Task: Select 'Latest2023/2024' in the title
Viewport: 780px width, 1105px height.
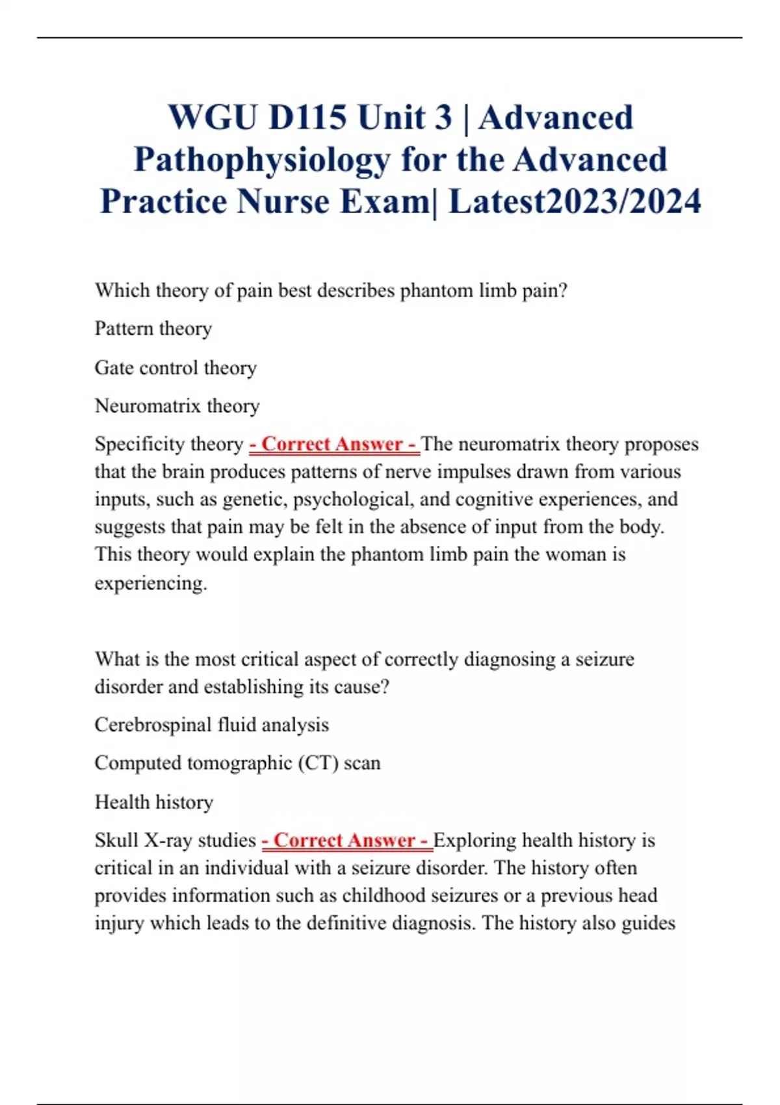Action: (x=575, y=201)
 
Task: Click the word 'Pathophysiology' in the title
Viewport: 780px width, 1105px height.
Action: (x=261, y=159)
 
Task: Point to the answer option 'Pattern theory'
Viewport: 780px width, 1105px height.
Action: (x=153, y=329)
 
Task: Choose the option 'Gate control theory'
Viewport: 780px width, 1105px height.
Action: (x=175, y=368)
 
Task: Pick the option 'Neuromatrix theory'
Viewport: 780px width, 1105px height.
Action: (x=177, y=406)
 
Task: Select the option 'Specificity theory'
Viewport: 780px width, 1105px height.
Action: (x=169, y=444)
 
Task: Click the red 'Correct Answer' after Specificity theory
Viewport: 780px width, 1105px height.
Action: (x=333, y=444)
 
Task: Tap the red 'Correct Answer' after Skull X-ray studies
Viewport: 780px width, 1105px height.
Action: (x=346, y=840)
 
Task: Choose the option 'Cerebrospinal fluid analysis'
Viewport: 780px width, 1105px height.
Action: (x=212, y=725)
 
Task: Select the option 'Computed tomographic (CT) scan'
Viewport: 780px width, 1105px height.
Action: (x=237, y=763)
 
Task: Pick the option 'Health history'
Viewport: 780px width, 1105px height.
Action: (x=154, y=802)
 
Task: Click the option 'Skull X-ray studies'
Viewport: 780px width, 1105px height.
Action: (x=175, y=840)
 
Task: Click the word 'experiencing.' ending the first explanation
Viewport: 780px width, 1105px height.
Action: (x=151, y=583)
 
